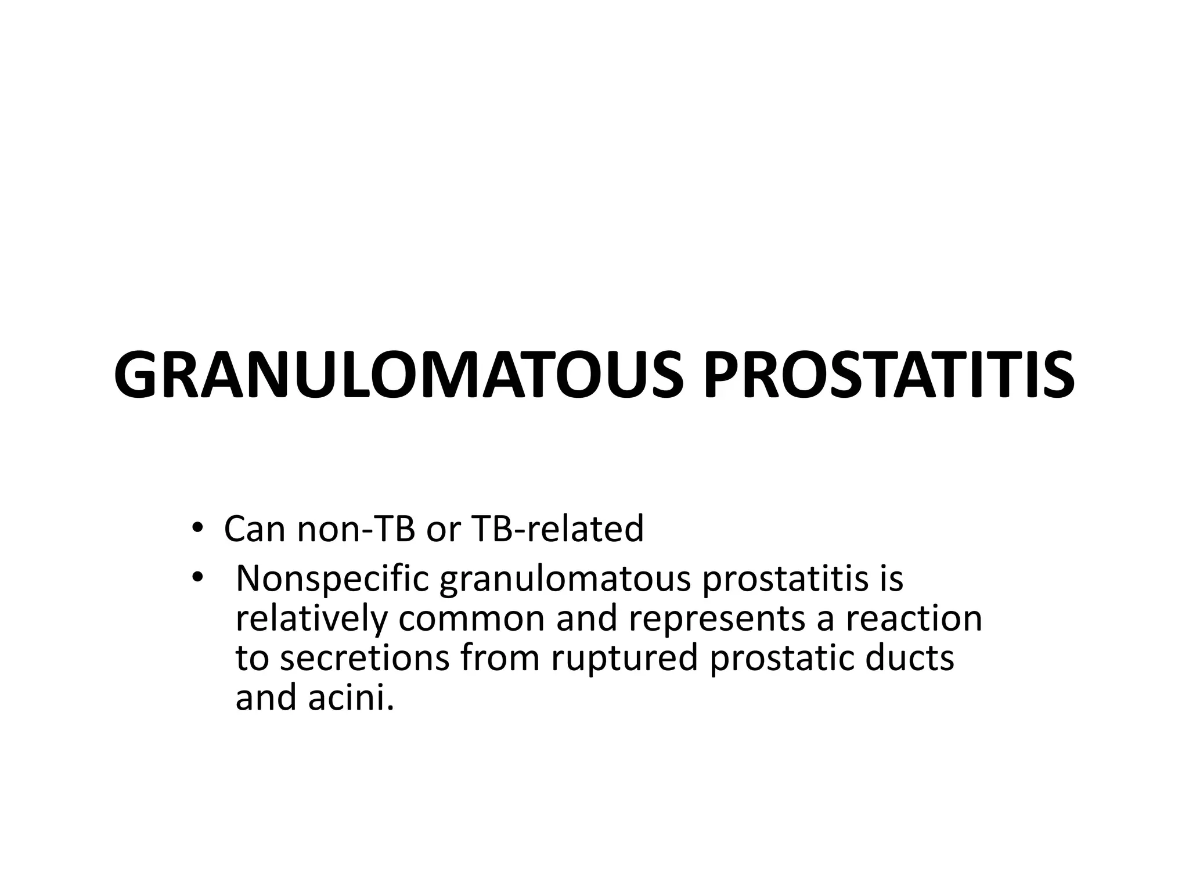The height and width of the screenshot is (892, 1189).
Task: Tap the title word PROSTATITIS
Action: point(888,375)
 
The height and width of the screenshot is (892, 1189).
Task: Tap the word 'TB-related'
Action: point(558,529)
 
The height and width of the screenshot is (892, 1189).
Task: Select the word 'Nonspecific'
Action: point(332,580)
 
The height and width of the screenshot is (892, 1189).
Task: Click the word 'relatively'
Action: point(311,618)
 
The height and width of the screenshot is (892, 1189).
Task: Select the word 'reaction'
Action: point(914,618)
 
